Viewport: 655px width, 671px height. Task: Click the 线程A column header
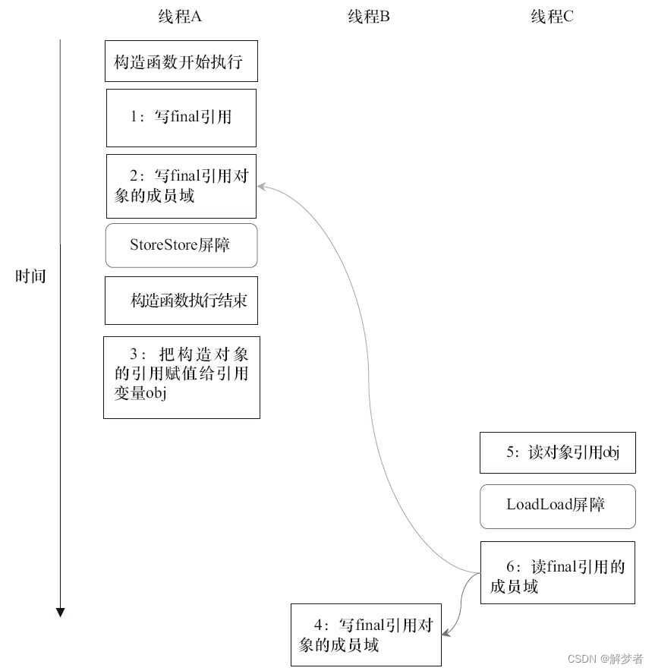click(181, 17)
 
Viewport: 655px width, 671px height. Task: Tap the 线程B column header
click(369, 17)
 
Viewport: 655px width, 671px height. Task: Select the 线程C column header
click(552, 17)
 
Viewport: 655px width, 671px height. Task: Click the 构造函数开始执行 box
click(181, 61)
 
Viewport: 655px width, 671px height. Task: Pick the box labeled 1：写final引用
click(181, 118)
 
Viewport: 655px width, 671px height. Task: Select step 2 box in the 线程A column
click(181, 186)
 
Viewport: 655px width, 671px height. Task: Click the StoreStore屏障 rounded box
click(181, 245)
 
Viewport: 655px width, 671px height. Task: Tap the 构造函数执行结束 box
click(181, 300)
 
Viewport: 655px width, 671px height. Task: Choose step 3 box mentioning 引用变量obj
click(181, 376)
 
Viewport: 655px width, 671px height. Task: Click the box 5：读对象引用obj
click(557, 452)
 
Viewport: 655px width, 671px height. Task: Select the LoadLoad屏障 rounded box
click(557, 506)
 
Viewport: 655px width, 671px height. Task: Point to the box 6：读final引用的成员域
click(557, 573)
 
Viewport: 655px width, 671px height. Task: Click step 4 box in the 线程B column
click(367, 635)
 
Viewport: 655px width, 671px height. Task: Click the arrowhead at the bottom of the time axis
click(61, 612)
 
